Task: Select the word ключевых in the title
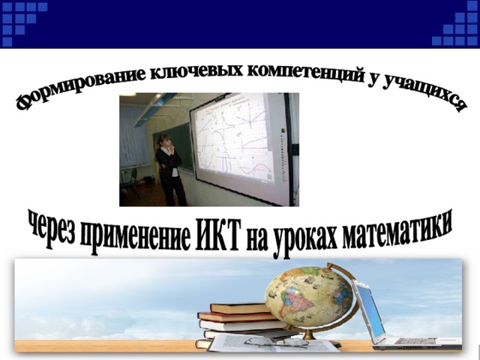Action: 196,71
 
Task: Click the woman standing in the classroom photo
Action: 170,170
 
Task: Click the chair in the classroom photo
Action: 130,182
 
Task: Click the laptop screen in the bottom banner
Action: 370,310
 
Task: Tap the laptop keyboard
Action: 416,341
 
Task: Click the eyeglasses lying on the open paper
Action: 275,341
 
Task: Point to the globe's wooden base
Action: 310,337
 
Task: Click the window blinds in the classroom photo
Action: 133,136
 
